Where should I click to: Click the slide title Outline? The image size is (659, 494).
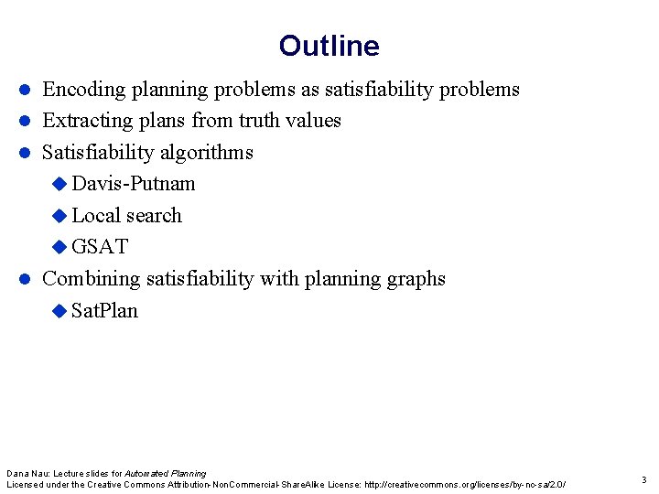[x=329, y=46]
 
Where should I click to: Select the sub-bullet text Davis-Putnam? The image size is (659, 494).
[x=134, y=184]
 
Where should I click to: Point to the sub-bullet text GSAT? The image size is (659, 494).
[x=100, y=247]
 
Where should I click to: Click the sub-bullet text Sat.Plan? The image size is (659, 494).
[x=104, y=311]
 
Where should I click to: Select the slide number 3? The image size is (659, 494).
[x=643, y=479]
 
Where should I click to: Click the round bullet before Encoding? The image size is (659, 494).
[x=27, y=90]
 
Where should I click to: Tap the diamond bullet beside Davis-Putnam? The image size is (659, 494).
[x=60, y=184]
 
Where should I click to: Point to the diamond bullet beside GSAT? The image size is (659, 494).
[x=60, y=247]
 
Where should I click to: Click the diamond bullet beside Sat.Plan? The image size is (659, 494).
[x=60, y=311]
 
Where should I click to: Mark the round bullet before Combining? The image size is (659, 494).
[x=27, y=279]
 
